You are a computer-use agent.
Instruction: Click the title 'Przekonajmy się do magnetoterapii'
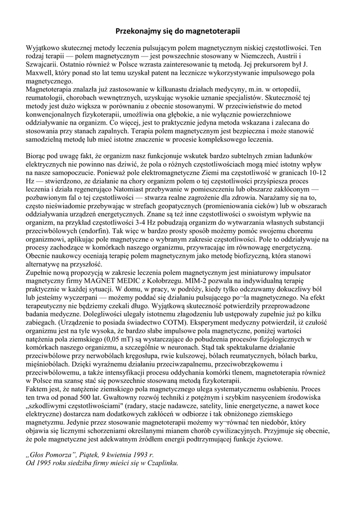[x=178, y=31]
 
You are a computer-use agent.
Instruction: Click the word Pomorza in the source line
[x=60, y=454]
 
